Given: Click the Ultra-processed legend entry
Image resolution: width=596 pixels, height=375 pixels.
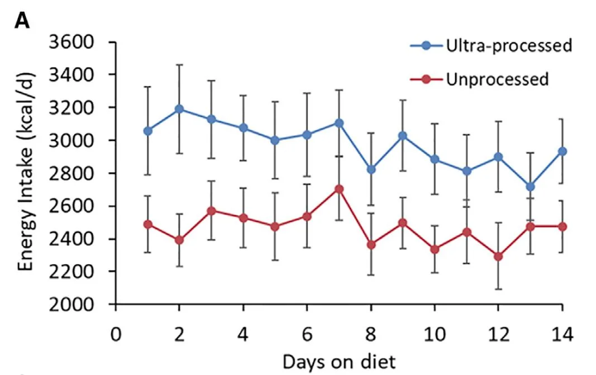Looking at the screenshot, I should [508, 45].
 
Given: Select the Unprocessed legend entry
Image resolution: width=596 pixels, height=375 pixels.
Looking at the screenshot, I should [497, 79].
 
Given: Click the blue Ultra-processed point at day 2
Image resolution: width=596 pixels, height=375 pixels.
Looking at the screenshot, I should [179, 109].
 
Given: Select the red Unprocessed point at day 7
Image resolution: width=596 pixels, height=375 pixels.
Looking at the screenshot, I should [339, 189].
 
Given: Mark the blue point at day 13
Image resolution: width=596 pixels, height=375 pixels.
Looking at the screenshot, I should [530, 187].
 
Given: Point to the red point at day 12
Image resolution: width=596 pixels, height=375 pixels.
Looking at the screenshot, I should [498, 257].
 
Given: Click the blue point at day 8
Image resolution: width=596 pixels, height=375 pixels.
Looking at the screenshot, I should [371, 169].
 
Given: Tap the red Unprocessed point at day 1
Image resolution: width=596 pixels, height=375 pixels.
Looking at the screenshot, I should [147, 224].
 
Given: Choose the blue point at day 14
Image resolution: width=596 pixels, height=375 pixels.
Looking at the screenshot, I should [562, 151].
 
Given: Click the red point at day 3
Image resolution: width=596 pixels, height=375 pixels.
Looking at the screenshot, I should [211, 211].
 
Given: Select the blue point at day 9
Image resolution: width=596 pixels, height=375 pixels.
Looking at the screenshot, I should [403, 136].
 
